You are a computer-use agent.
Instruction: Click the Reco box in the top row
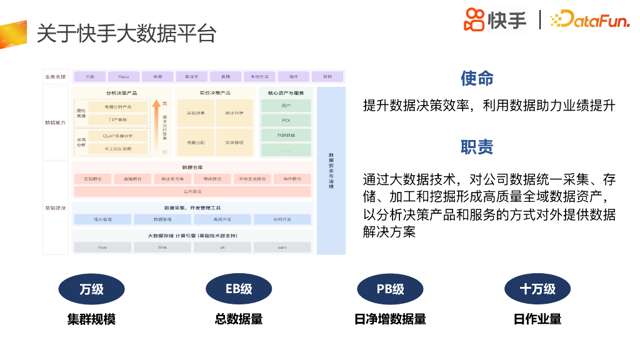pos(124,77)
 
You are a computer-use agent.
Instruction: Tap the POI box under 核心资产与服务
pos(286,120)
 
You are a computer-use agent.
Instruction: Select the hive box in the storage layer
pos(102,247)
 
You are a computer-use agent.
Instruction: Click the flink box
pos(162,247)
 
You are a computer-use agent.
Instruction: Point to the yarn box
pos(282,247)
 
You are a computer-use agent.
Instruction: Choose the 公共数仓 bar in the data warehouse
pos(192,191)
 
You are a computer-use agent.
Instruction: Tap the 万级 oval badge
pos(91,289)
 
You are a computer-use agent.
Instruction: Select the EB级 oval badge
pos(239,289)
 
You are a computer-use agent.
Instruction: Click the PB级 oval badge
pos(390,289)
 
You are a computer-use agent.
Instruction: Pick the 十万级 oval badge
pos(537,289)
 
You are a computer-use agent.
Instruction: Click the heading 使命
pos(477,79)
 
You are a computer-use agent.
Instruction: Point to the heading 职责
pos(477,147)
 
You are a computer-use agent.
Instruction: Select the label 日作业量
pos(537,319)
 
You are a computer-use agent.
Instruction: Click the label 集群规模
pos(91,319)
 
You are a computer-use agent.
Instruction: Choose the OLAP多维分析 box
pos(117,135)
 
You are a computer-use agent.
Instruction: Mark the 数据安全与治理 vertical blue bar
pos(331,171)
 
